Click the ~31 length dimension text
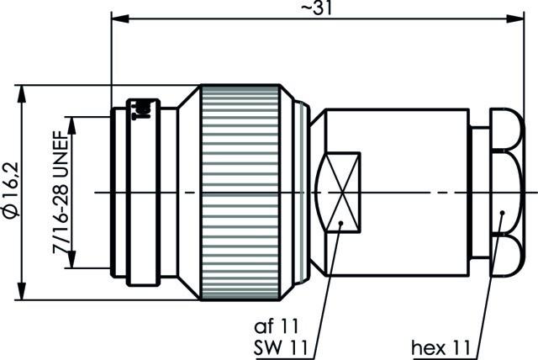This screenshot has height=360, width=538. coord(315,8)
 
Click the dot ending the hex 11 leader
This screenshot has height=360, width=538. coord(502,214)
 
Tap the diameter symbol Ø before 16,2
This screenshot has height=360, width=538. coord(10,213)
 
